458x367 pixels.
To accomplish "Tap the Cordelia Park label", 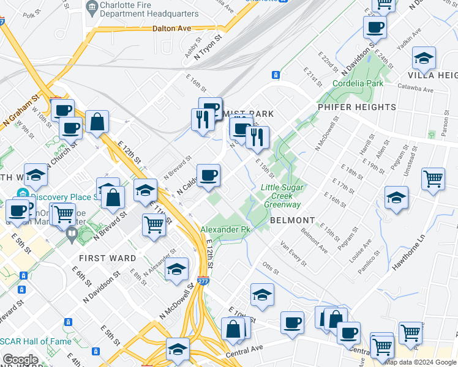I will click(357, 83).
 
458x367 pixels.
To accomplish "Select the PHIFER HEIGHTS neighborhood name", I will click(357, 107).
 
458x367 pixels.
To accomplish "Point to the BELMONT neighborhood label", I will click(293, 220).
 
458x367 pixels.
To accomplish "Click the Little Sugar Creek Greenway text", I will click(281, 196).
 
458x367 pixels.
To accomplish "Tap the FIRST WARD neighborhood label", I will click(108, 258).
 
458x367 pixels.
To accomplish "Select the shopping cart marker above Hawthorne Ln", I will click(433, 179).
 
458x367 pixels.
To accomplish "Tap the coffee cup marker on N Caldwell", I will click(208, 175).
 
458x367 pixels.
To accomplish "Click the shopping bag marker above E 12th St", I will click(97, 121).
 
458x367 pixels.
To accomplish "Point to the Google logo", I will click(20, 360).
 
